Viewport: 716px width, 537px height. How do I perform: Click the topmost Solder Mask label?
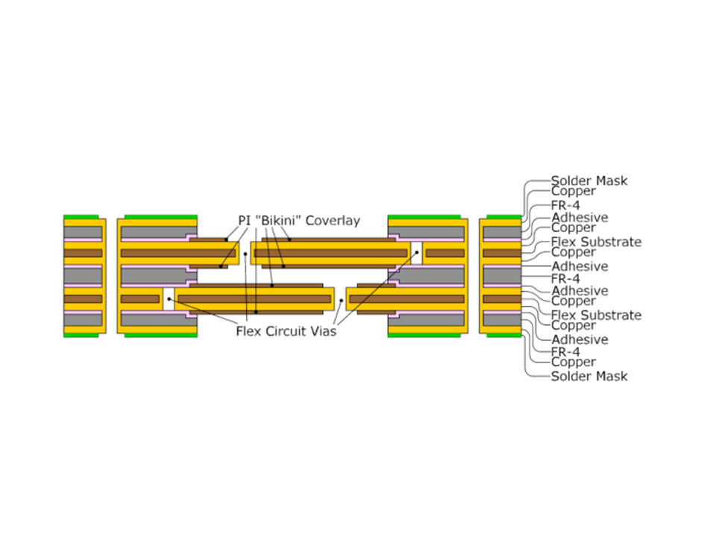pos(588,180)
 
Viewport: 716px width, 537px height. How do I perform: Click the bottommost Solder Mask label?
pos(588,376)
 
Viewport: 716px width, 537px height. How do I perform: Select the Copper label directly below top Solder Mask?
pos(573,191)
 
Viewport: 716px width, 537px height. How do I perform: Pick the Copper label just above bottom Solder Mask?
pos(573,362)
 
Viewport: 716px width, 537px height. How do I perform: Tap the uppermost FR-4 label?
pos(565,204)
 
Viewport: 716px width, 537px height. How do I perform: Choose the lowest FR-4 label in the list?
pos(565,351)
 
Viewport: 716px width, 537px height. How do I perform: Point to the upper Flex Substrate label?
pos(595,242)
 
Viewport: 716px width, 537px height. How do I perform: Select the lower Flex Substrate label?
pos(595,315)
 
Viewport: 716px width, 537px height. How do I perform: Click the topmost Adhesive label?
pos(579,218)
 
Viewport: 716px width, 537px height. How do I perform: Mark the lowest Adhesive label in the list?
pos(579,339)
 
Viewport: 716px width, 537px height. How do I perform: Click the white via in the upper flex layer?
pos(416,253)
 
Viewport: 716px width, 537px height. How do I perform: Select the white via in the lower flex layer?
pos(168,299)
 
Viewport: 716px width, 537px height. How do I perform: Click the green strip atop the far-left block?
pos(84,217)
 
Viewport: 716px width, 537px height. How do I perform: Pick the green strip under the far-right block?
pos(500,336)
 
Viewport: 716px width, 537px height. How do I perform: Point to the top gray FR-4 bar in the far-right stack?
pos(501,232)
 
